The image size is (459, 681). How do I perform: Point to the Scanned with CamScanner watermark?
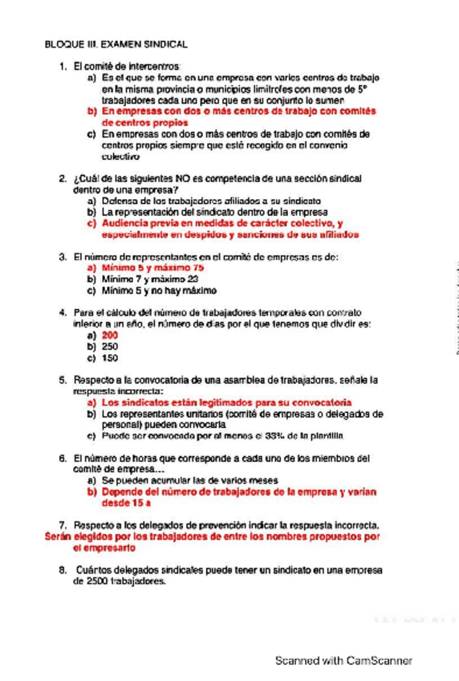[343, 660]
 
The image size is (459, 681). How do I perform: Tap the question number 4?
[63, 311]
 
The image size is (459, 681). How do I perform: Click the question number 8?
[63, 570]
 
